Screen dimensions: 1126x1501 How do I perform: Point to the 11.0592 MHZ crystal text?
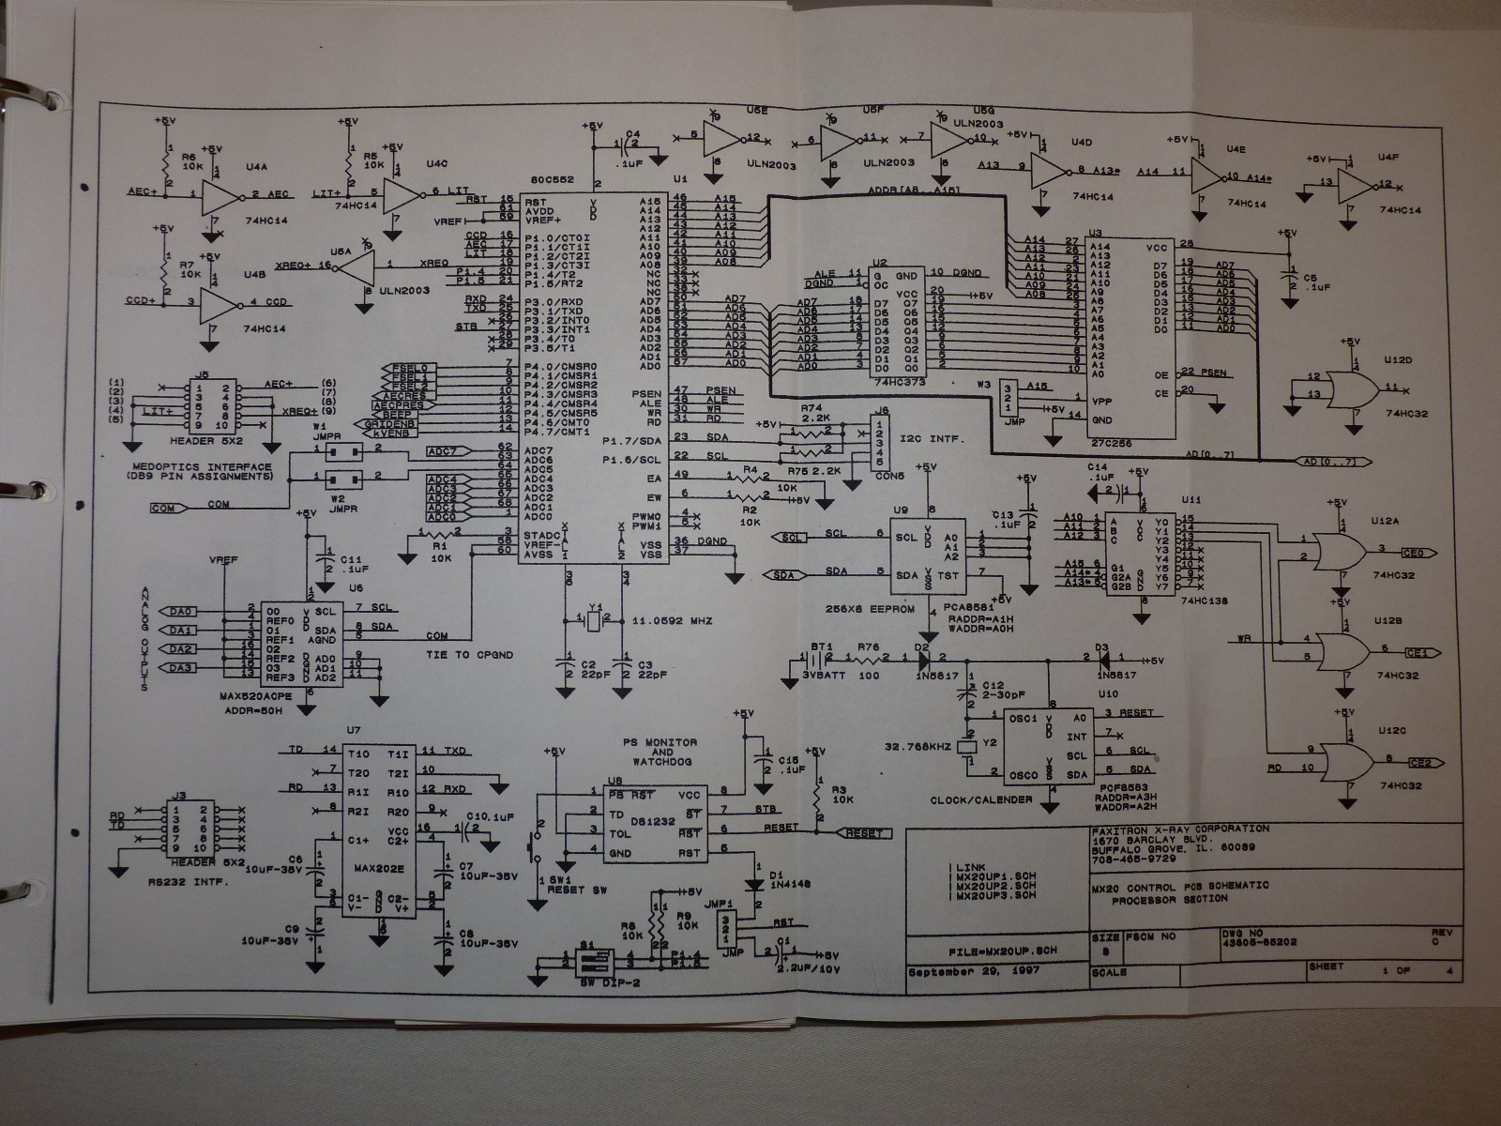[x=672, y=621]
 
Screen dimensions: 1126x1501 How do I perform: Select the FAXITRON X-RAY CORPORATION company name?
[x=1181, y=829]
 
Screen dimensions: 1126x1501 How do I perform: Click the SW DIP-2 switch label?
[x=585, y=983]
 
